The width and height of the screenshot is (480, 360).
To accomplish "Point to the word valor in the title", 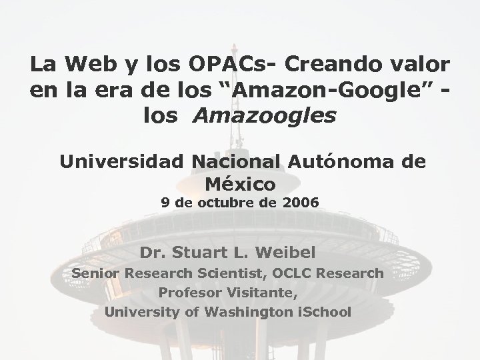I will click(419, 65).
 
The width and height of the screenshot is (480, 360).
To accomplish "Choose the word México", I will click(241, 182).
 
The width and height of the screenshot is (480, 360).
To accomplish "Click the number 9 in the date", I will click(165, 202).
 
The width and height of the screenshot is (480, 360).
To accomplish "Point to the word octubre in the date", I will click(223, 202).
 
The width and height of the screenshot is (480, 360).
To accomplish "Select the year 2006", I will click(301, 202).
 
